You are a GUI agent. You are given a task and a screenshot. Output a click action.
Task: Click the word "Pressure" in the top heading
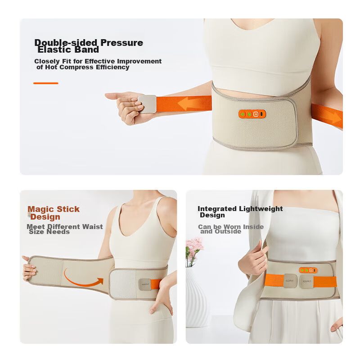[x=121, y=43]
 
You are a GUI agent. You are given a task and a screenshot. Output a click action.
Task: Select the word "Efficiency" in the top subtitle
[x=112, y=67]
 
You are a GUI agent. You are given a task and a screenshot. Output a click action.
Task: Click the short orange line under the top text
[x=46, y=83]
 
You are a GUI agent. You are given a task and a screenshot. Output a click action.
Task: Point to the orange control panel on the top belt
[x=252, y=114]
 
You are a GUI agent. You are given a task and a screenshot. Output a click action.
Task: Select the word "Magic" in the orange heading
[x=41, y=209]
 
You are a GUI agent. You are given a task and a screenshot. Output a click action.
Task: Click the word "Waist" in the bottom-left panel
[x=93, y=227]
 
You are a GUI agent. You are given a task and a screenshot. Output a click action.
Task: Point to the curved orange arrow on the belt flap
[x=83, y=279]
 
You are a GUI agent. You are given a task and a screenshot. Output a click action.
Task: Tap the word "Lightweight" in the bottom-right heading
[x=261, y=209]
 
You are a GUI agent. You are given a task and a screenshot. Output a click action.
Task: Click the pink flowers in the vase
[x=194, y=247]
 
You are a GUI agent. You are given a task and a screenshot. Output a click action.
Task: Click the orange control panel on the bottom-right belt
[x=308, y=270]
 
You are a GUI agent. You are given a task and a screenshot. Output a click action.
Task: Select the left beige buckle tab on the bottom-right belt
[x=290, y=281]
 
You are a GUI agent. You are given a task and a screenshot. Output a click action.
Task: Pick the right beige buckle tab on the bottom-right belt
[x=306, y=282]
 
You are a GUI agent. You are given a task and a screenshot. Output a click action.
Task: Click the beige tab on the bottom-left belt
[x=145, y=284]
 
